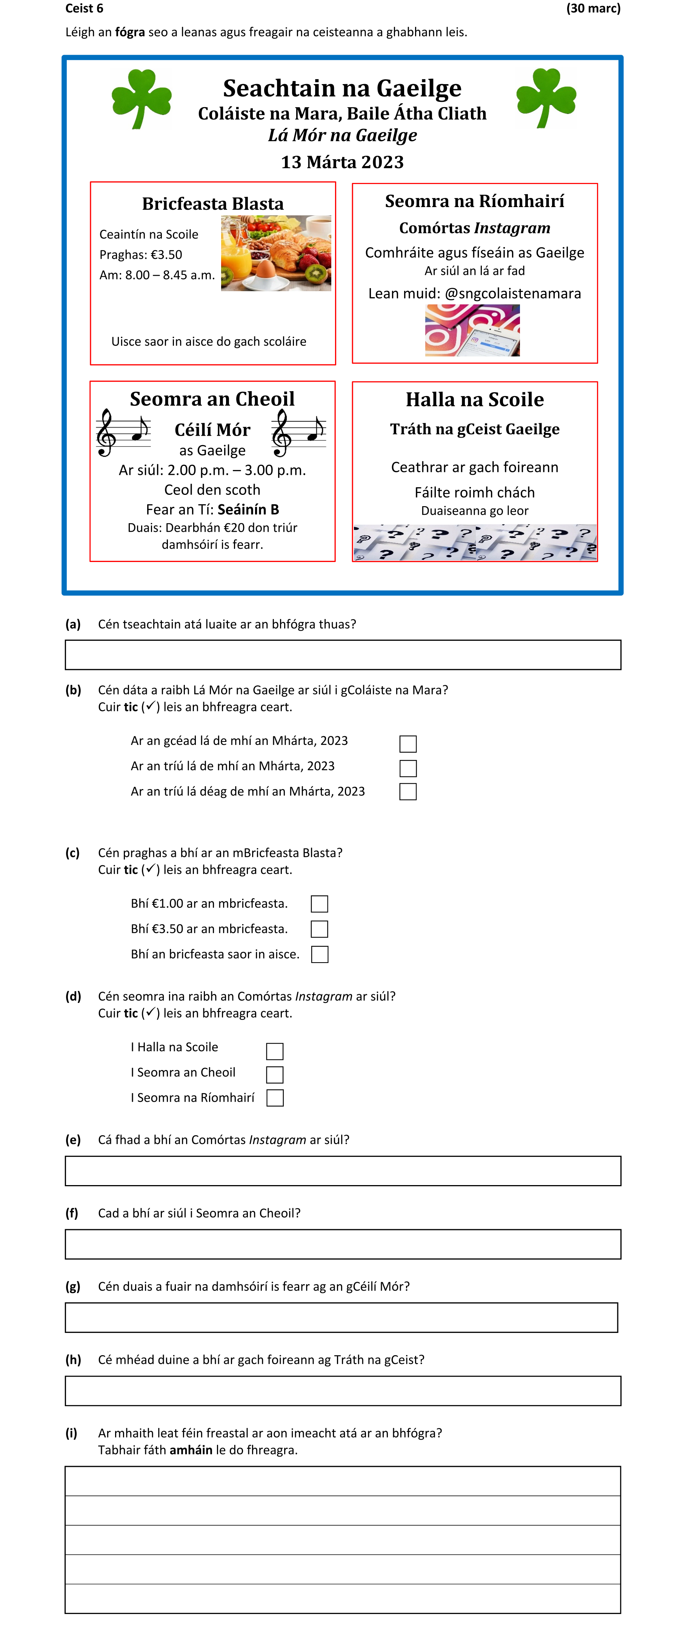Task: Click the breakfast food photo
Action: tap(276, 253)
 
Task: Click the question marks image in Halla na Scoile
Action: tap(475, 543)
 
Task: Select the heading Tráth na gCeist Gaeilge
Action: tap(475, 429)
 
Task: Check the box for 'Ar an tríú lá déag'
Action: tap(408, 792)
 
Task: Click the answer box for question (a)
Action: tap(343, 655)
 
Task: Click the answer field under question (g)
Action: tap(341, 1318)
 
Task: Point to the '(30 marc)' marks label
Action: tap(593, 8)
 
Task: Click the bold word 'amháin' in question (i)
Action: tap(191, 1450)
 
